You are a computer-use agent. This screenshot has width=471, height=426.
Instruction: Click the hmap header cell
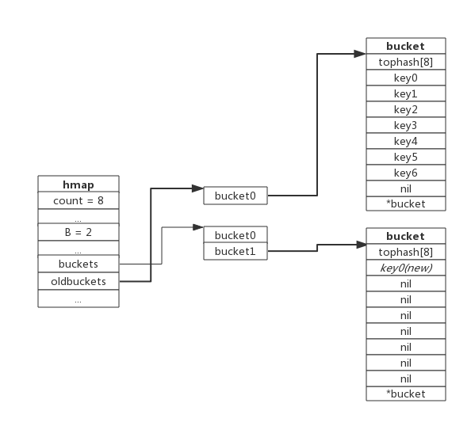[78, 184]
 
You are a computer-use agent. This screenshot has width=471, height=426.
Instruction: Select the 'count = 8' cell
[78, 200]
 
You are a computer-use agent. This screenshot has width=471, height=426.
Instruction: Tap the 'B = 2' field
[78, 232]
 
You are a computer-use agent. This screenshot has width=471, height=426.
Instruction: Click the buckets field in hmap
[78, 264]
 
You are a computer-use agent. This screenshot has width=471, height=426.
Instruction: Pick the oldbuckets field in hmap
[78, 281]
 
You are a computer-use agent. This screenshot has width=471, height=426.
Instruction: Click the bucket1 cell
[235, 251]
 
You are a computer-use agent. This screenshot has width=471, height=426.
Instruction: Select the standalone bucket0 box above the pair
[235, 196]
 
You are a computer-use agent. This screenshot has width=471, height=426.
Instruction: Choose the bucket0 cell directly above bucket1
[235, 235]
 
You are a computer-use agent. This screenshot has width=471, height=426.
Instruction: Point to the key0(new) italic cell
[406, 268]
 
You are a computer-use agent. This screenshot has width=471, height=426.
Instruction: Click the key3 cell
[406, 125]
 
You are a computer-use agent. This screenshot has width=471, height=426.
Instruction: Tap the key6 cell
[406, 173]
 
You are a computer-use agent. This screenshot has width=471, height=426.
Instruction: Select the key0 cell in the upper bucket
[406, 78]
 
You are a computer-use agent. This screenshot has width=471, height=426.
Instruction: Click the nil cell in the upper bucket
[406, 188]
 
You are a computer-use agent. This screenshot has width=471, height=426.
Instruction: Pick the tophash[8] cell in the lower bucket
[406, 252]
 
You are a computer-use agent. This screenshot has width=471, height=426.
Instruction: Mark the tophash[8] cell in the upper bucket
[406, 62]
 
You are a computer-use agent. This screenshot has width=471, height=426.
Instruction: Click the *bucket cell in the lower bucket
[406, 394]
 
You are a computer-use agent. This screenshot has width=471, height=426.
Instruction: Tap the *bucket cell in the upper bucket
[406, 203]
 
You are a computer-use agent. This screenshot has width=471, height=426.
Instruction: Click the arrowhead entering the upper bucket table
[360, 54]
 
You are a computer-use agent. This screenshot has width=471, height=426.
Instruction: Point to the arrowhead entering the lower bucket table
[362, 245]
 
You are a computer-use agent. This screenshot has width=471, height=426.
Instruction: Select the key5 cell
[406, 157]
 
